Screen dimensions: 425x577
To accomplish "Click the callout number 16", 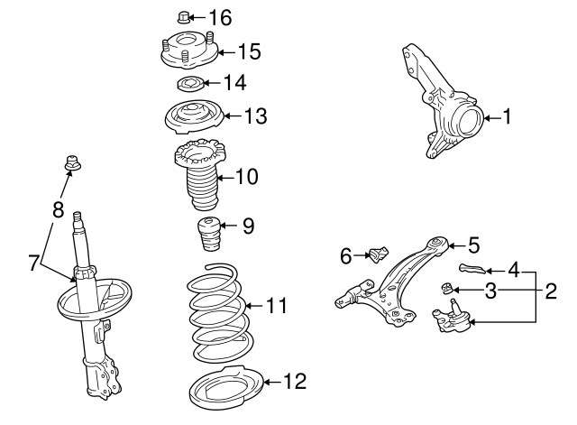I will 219,17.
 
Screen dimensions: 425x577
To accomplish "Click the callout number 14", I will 234,83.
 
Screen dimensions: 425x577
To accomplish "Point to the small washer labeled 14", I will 188,85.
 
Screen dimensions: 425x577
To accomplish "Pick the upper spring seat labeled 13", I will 190,118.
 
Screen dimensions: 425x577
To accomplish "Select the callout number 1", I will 507,116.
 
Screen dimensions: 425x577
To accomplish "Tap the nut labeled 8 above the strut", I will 71,164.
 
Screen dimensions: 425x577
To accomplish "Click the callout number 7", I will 33,263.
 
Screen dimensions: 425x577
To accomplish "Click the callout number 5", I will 473,244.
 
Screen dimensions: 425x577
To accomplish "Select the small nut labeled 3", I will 446,289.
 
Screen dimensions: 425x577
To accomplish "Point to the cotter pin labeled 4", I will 472,267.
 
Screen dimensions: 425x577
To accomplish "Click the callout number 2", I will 550,291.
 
